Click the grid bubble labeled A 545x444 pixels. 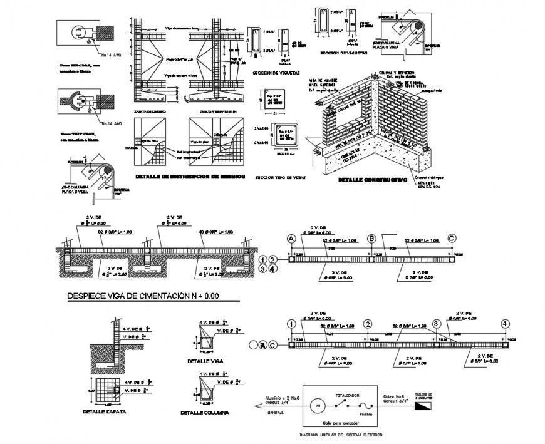pyautogui.click(x=291, y=239)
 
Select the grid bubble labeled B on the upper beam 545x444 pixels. pyautogui.click(x=371, y=239)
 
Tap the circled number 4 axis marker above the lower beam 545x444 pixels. pyautogui.click(x=504, y=324)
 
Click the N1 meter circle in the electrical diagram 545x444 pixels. pyautogui.click(x=318, y=405)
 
